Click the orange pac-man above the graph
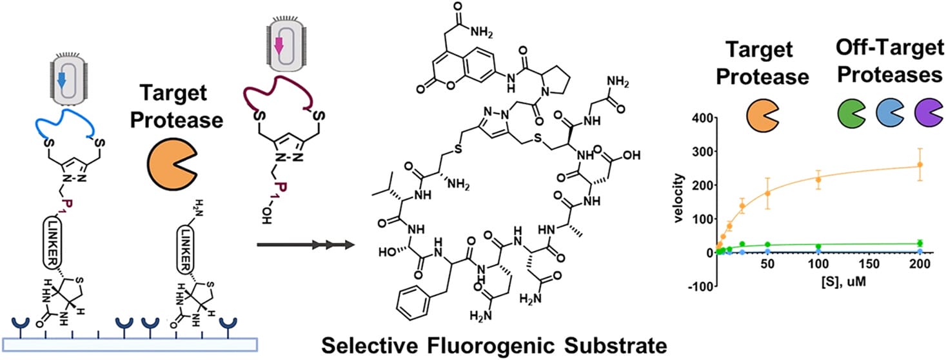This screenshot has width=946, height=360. click(x=763, y=113)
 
